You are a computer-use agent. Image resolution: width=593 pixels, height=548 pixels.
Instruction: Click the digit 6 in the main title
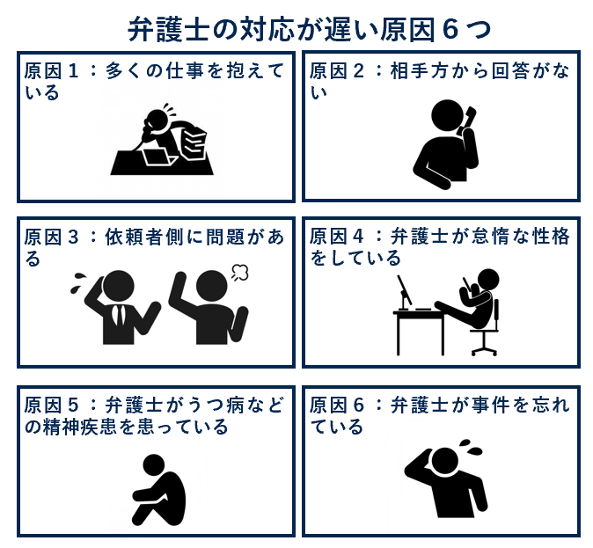[450, 30]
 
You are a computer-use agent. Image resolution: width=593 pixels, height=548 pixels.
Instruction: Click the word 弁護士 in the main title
[168, 30]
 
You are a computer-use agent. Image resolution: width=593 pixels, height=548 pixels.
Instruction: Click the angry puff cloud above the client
[239, 273]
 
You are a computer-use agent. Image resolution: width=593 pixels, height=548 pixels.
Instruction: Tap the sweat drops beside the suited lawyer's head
[77, 282]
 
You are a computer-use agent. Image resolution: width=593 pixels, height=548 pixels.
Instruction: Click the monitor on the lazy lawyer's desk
[405, 290]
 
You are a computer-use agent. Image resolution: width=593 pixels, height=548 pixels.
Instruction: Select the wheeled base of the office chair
[484, 351]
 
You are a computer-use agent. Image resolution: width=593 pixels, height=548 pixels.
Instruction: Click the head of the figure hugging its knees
[154, 464]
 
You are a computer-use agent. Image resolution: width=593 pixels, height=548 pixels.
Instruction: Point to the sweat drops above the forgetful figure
[471, 447]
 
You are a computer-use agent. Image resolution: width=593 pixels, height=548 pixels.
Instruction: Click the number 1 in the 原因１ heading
[73, 70]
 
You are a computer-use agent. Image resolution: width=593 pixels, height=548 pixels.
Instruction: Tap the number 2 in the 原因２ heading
[358, 70]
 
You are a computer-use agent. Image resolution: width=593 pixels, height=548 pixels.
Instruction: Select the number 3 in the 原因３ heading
[73, 237]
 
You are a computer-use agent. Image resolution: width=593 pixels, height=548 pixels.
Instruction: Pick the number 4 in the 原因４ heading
[358, 237]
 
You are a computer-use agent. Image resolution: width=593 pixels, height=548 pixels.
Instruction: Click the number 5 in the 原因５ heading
[73, 405]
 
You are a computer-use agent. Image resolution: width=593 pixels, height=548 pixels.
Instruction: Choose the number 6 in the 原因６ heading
[358, 405]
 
